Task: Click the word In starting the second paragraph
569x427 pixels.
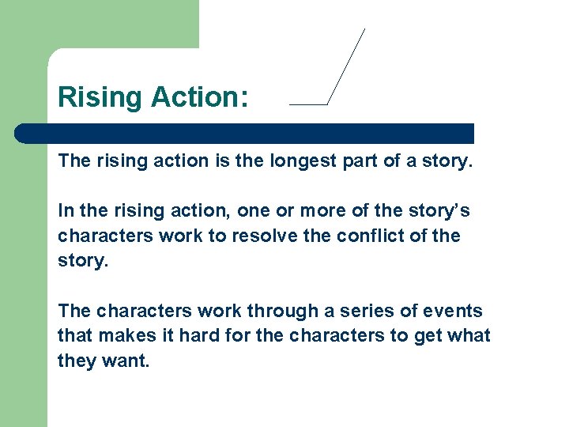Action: pyautogui.click(x=66, y=211)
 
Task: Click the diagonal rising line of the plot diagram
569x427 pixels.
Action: pyautogui.click(x=346, y=66)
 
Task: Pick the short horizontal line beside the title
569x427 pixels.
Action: pyautogui.click(x=308, y=104)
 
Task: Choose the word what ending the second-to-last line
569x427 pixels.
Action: pyautogui.click(x=469, y=336)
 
